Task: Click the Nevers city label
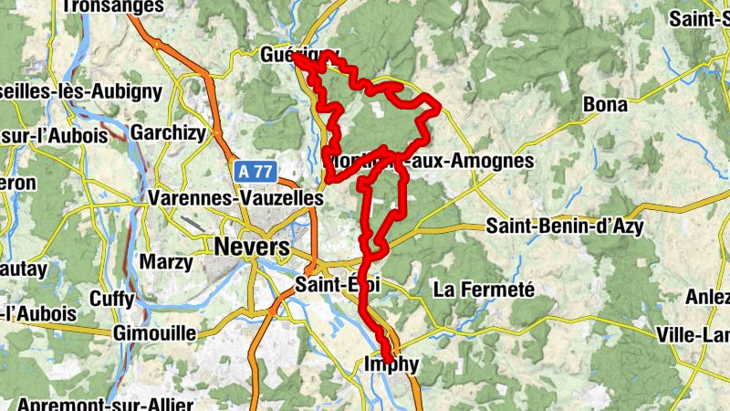tap(251, 248)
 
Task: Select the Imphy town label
tap(392, 365)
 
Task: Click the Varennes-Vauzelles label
tap(235, 198)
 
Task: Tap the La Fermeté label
tap(483, 290)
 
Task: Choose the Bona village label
tap(605, 105)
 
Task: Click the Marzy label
tap(166, 263)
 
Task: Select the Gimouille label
tap(154, 333)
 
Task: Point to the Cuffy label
tap(112, 299)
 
